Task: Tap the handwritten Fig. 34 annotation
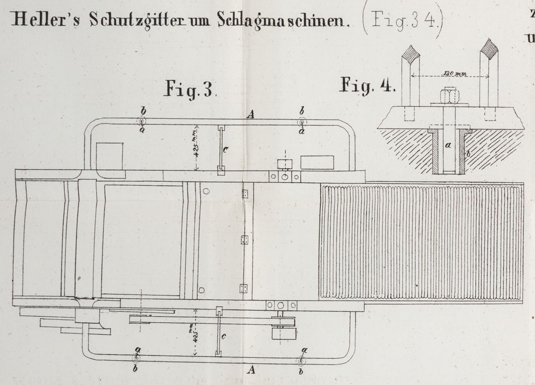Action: coord(402,22)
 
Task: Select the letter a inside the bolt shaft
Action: coord(447,145)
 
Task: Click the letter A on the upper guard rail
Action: coord(251,114)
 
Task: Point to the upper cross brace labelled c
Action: coord(220,149)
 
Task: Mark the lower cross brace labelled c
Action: coord(218,332)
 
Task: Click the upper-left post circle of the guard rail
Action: coord(142,121)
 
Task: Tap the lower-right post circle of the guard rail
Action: coord(301,361)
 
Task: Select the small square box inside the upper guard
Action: coord(110,156)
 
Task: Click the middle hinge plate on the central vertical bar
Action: coord(245,239)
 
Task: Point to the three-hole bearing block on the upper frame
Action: coord(285,177)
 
